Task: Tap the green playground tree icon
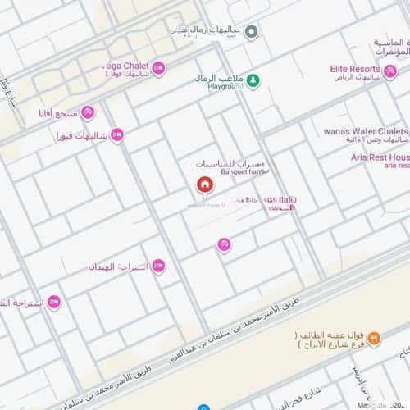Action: tap(254, 80)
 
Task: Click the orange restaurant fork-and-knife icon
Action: tap(374, 337)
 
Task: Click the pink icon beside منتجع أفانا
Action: tap(88, 112)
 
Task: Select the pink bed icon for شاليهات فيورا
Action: tap(118, 134)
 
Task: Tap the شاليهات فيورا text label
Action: tap(81, 135)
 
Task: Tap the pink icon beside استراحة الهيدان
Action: tap(158, 266)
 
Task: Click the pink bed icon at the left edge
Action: tap(54, 302)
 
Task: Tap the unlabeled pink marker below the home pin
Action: tap(223, 244)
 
